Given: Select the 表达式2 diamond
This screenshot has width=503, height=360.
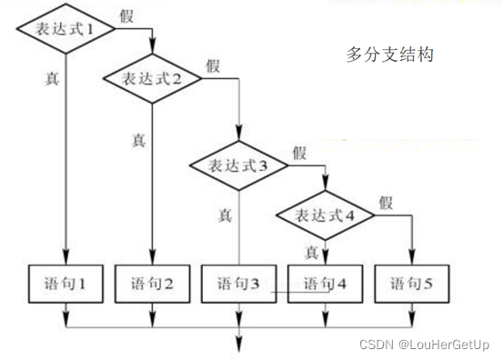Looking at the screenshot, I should (153, 77).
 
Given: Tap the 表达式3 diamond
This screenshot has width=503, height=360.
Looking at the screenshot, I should (238, 166).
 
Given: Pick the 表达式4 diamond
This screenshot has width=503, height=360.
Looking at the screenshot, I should (324, 215).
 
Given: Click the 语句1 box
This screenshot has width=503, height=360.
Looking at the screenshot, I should (65, 283).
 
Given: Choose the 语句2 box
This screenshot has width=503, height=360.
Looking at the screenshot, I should (152, 283).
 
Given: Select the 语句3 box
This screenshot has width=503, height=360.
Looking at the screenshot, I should (237, 283).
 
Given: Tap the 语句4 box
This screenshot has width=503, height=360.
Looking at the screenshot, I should (324, 283).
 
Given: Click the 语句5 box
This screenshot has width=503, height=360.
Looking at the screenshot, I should (411, 283).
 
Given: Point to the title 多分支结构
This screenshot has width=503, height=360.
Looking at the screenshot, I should (390, 55).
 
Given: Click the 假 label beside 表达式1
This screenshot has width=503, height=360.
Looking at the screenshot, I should (128, 15).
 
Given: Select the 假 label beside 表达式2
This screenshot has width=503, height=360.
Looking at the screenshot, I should (213, 65).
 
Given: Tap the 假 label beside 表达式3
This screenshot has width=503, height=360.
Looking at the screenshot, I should (299, 153).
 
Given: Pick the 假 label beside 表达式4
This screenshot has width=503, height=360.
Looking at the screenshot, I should (386, 202).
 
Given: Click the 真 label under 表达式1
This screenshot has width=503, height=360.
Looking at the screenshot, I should (53, 78).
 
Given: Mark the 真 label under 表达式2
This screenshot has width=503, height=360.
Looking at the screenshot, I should (138, 141).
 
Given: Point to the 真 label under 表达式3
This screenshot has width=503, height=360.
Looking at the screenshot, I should (225, 216).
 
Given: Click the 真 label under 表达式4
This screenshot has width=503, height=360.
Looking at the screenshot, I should (311, 250).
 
